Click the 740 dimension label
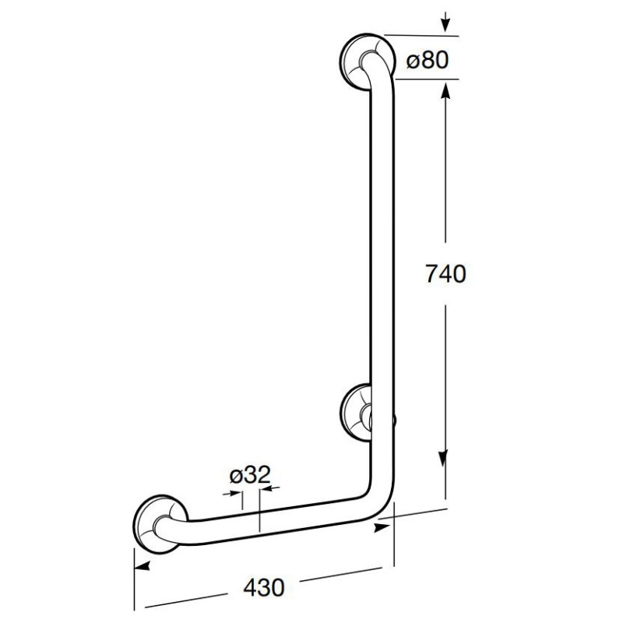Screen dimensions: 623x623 click(x=445, y=274)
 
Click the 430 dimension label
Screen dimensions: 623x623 click(x=264, y=587)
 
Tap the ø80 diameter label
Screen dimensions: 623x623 click(x=427, y=61)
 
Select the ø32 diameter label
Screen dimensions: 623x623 click(x=250, y=474)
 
